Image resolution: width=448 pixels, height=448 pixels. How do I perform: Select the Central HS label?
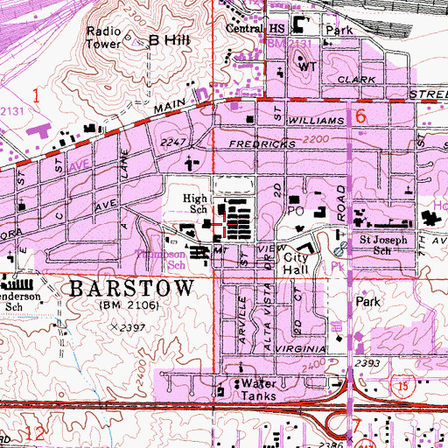click(246, 27)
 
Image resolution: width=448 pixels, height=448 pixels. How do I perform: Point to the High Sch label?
click(194, 204)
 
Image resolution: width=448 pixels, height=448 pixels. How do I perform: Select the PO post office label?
click(295, 211)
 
